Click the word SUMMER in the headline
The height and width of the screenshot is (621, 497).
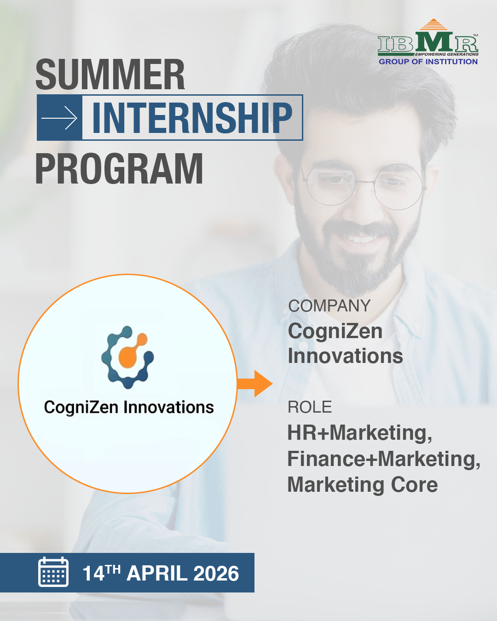click(x=110, y=74)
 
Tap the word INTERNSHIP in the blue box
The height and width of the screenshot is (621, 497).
click(x=192, y=118)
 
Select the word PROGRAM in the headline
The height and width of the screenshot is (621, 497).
click(x=119, y=168)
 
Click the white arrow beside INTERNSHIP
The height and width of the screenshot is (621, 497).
click(x=59, y=118)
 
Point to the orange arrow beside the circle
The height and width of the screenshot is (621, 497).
click(x=254, y=384)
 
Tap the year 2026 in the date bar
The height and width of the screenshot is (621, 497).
click(x=216, y=573)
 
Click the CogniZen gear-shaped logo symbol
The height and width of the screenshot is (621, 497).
click(x=127, y=357)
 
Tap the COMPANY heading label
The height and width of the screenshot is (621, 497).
click(x=329, y=305)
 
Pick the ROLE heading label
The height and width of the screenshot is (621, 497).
click(x=310, y=407)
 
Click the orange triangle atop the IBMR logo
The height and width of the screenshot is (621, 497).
click(x=433, y=24)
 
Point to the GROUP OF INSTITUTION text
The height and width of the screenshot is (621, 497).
click(x=428, y=62)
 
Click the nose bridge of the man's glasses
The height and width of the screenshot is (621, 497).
click(x=364, y=182)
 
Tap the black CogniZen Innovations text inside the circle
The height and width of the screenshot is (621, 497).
click(x=129, y=407)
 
